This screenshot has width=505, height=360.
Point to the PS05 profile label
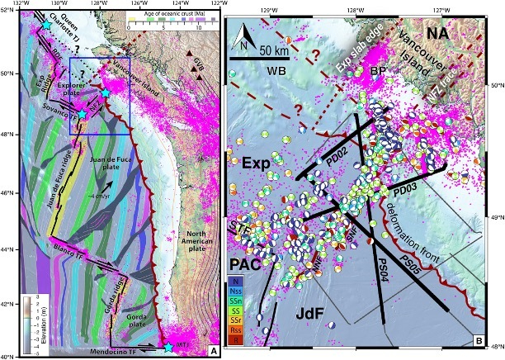tap(412, 264)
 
